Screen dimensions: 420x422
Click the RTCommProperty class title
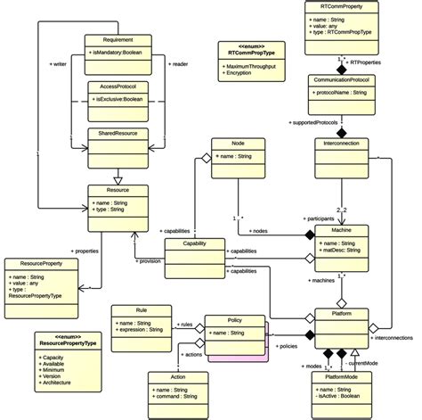(342, 6)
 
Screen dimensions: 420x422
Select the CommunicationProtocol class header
(341, 80)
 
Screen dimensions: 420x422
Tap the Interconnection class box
(341, 143)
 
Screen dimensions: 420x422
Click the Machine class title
(341, 229)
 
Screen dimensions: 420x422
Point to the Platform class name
(341, 314)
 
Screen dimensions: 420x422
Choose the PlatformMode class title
(341, 378)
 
